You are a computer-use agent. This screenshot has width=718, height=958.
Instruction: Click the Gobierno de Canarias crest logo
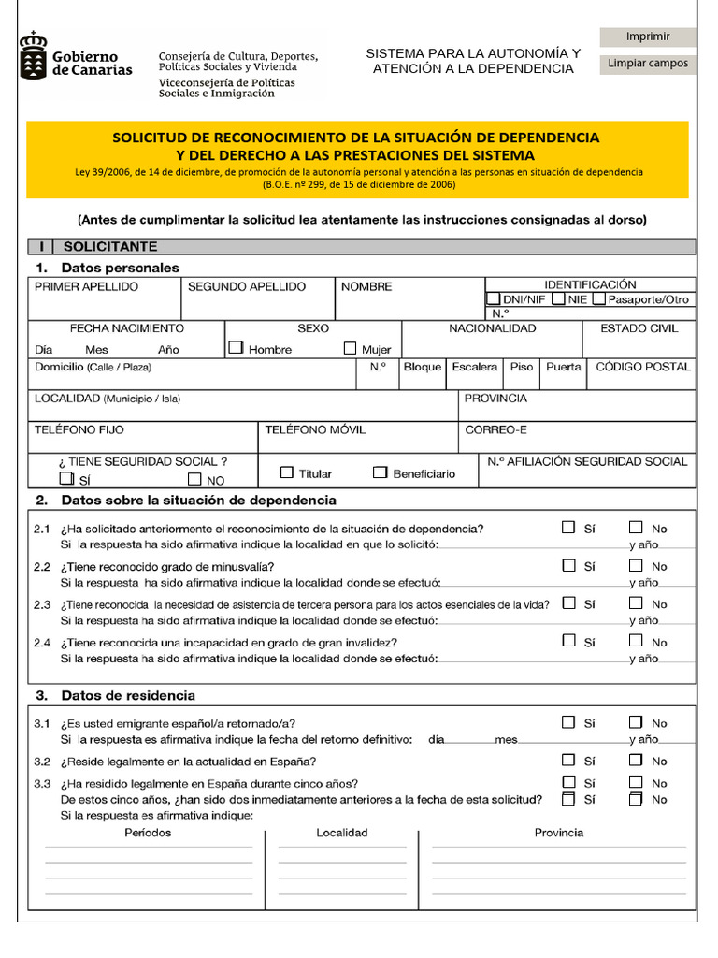click(x=34, y=54)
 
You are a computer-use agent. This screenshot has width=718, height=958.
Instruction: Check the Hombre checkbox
click(x=237, y=348)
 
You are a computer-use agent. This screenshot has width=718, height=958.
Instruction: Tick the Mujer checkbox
click(x=351, y=348)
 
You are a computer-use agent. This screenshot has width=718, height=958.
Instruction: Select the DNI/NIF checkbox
click(x=494, y=299)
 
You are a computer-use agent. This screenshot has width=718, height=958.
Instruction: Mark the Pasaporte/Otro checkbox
click(x=599, y=299)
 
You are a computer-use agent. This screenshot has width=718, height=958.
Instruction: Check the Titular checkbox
click(x=287, y=472)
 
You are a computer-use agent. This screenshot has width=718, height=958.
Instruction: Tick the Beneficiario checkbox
click(x=380, y=472)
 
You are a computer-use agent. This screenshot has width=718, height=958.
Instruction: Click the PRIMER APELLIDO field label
click(x=86, y=287)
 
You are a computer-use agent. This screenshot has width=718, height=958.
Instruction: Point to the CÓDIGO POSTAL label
click(x=643, y=367)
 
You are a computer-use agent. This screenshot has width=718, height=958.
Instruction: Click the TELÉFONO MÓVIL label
click(x=315, y=430)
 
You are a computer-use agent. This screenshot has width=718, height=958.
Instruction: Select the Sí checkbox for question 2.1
click(x=568, y=528)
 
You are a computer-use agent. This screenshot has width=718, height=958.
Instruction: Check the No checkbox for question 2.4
click(x=637, y=641)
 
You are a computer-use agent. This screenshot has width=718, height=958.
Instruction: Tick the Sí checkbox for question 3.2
click(x=568, y=760)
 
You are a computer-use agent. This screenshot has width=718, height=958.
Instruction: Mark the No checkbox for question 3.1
click(x=637, y=722)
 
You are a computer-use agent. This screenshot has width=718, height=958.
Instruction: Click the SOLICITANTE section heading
click(x=109, y=247)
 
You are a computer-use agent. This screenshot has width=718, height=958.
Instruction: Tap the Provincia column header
click(x=558, y=833)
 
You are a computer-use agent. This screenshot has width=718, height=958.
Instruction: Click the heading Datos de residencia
click(x=128, y=696)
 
